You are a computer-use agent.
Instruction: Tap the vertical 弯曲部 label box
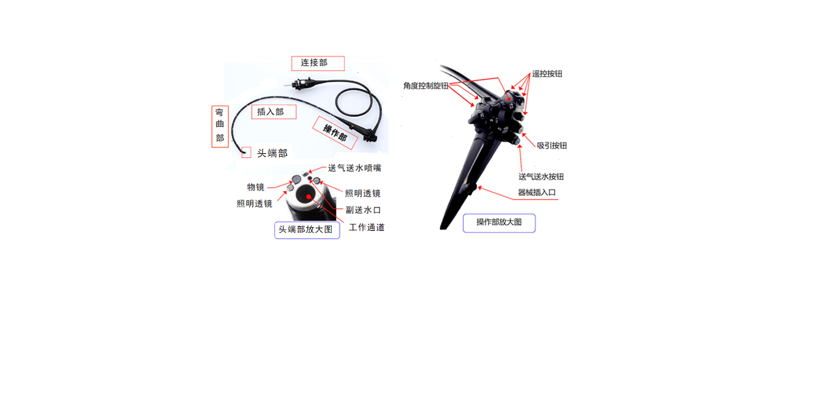220,127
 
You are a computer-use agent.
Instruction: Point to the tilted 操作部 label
334,132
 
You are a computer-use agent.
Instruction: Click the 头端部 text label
272,153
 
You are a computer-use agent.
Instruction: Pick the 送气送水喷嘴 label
355,168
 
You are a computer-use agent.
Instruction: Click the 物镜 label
256,187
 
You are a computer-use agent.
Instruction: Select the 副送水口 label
363,210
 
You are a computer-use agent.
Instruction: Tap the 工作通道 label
366,228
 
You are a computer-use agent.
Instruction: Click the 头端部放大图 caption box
307,230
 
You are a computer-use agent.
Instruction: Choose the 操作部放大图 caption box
499,223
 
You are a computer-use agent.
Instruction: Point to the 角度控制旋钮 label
426,86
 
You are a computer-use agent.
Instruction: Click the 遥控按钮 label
547,74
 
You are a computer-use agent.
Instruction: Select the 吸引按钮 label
551,145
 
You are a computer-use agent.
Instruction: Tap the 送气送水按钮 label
541,177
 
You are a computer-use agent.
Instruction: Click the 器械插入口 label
536,192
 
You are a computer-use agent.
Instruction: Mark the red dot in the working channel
308,197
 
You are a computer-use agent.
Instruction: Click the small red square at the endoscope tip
246,153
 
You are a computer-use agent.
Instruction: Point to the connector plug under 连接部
301,84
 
